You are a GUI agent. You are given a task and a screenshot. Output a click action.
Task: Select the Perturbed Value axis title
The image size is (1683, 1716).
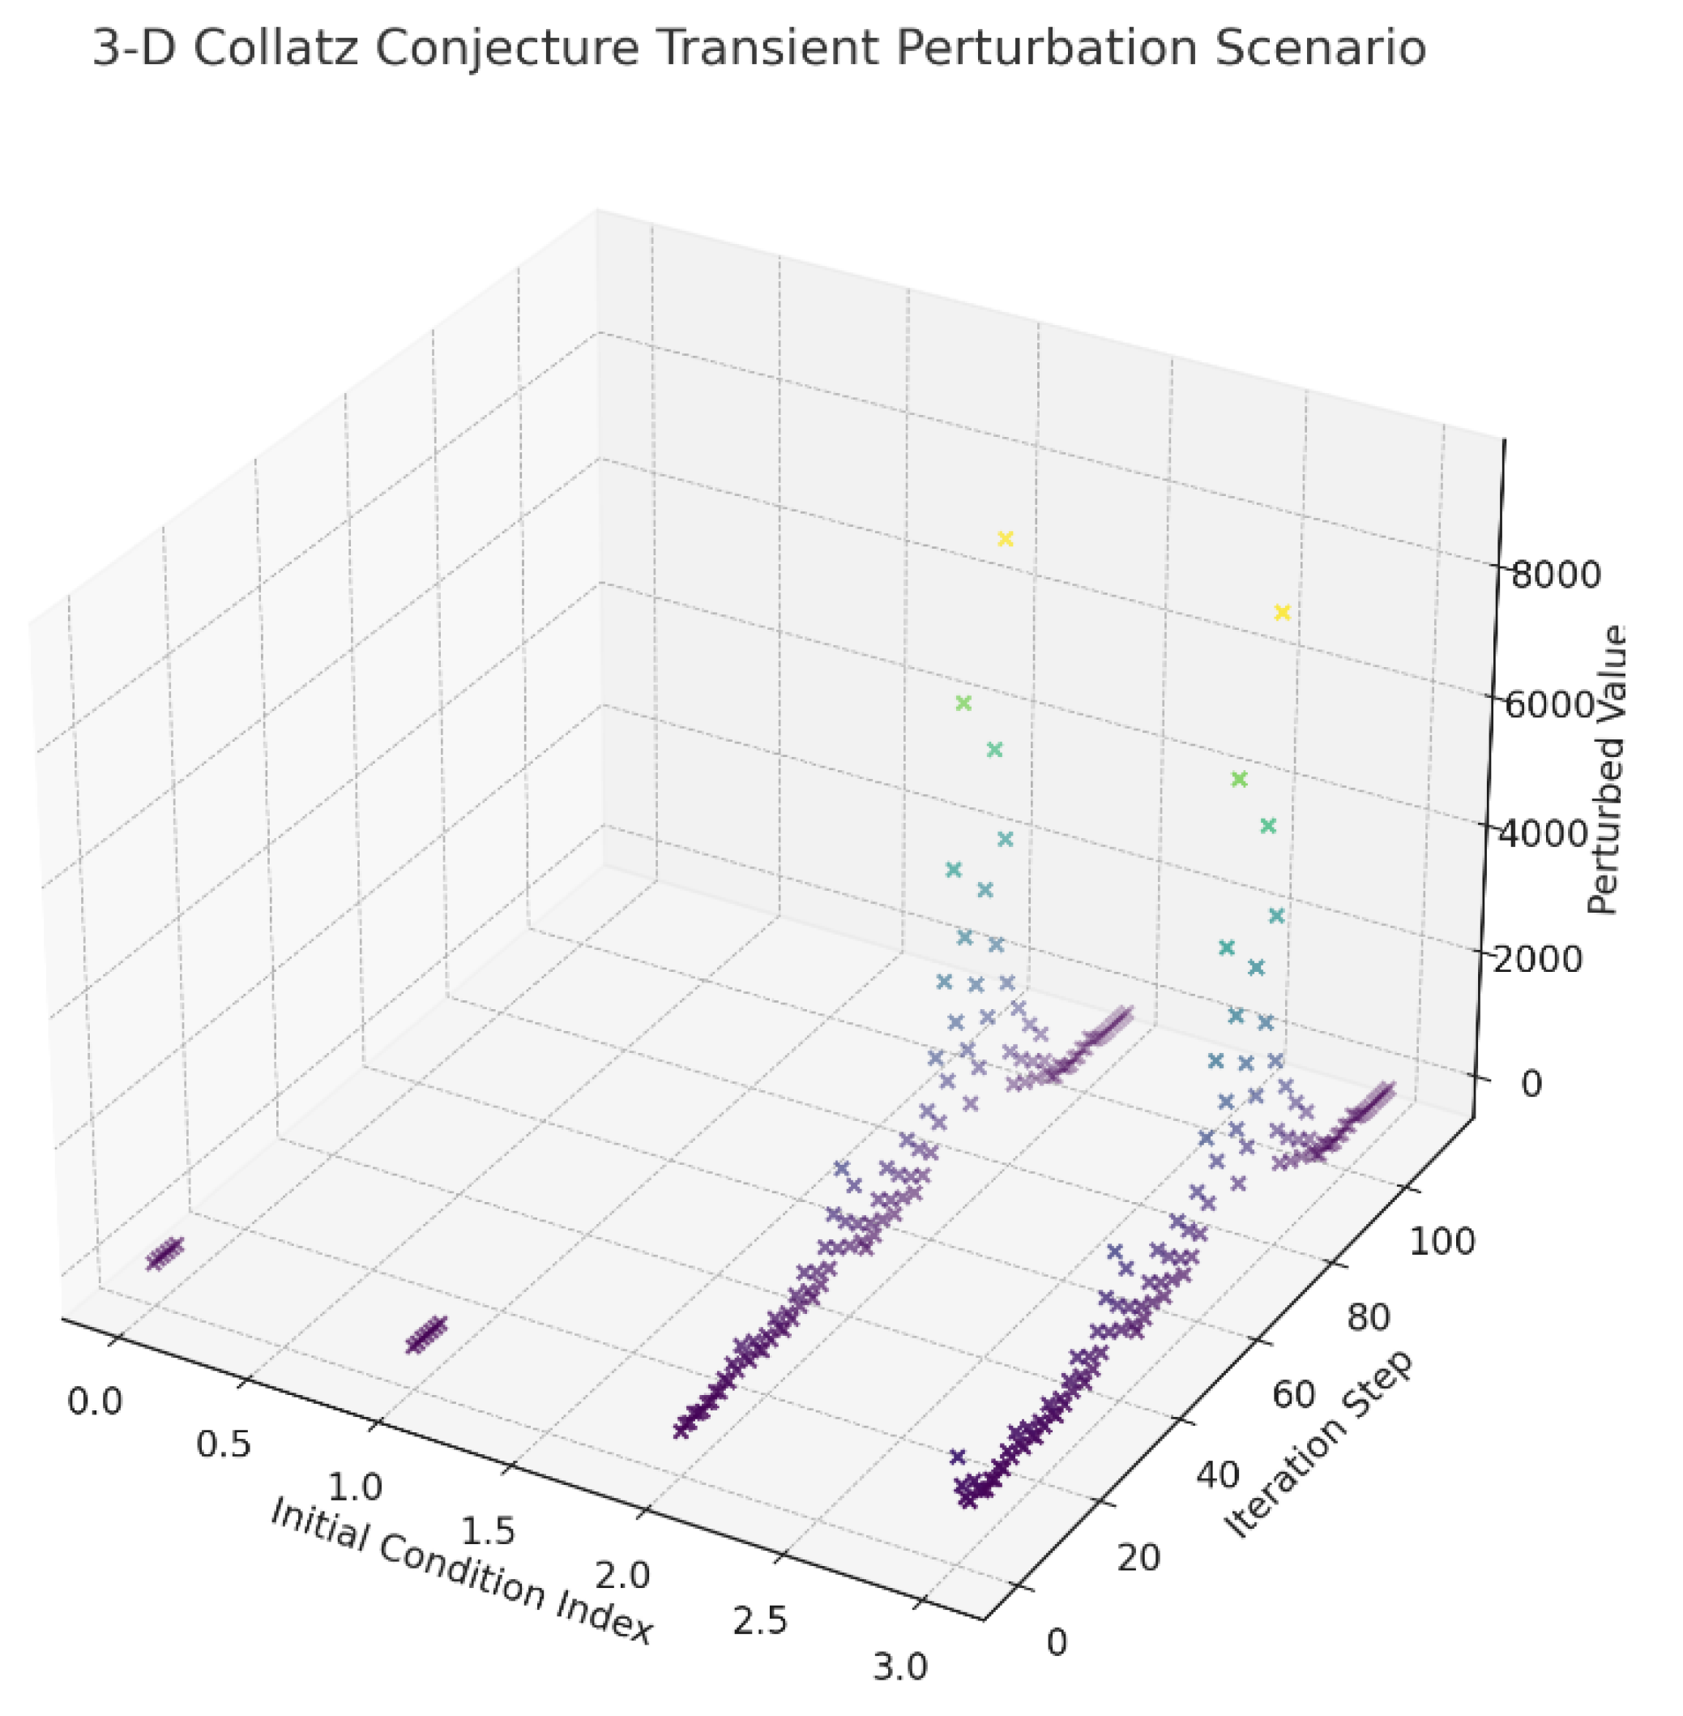tap(1606, 770)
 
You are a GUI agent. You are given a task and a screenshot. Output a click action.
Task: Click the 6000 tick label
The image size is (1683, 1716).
tap(1548, 704)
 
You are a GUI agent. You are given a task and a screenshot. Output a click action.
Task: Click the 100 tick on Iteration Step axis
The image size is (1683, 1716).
tap(1441, 1242)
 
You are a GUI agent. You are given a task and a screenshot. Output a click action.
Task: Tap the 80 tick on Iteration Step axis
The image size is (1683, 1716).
tap(1369, 1317)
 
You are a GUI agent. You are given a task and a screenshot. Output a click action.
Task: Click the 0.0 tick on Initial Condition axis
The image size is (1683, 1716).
tap(96, 1401)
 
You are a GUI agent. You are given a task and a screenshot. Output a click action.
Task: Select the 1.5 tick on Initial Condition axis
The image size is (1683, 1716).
tap(489, 1531)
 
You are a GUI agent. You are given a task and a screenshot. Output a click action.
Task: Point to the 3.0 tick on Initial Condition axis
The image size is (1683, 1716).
tap(899, 1668)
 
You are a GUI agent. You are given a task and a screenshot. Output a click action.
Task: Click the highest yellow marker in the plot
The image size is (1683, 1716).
tap(1004, 538)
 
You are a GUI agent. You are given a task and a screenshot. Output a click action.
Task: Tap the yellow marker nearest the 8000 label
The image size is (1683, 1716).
tap(1282, 613)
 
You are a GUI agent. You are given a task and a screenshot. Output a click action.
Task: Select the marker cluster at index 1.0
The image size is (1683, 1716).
tap(427, 1333)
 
